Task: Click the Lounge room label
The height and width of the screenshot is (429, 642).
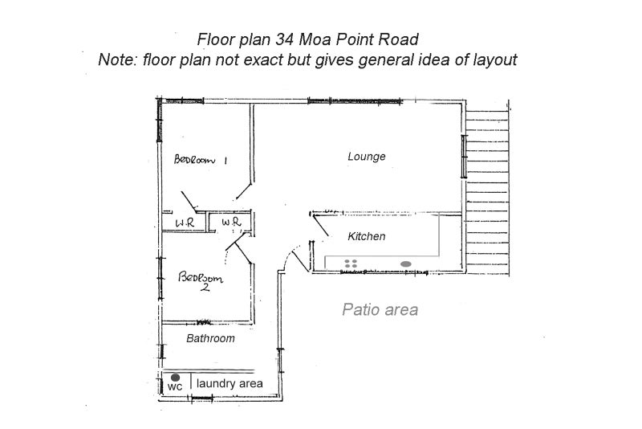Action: (x=366, y=157)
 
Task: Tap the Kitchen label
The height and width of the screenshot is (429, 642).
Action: (x=366, y=237)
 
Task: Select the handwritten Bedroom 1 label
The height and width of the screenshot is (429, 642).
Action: (x=201, y=160)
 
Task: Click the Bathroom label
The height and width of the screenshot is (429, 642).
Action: (x=210, y=338)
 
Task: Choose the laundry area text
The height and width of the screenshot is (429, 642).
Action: (x=230, y=384)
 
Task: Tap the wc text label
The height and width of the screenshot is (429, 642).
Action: (x=175, y=386)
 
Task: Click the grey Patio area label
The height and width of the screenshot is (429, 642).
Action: (x=380, y=309)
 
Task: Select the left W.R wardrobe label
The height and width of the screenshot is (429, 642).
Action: (x=185, y=223)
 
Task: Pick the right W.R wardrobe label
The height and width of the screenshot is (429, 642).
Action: (x=231, y=223)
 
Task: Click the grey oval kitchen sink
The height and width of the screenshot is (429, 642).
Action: (x=406, y=263)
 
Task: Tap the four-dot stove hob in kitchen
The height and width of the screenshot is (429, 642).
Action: (x=351, y=263)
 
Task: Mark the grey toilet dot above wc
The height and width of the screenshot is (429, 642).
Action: (x=174, y=376)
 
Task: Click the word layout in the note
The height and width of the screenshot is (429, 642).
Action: (x=493, y=60)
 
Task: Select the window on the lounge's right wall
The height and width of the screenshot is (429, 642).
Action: (x=463, y=156)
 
